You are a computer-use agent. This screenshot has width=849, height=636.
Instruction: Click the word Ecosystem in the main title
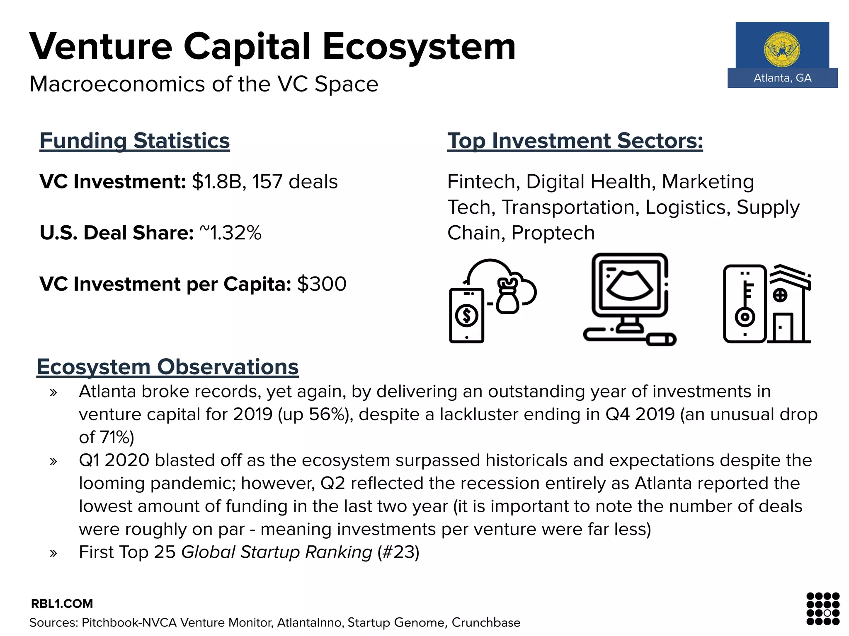(x=419, y=46)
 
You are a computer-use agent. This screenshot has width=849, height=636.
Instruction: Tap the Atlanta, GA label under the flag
(x=782, y=78)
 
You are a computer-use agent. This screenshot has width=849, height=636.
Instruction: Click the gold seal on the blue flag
(x=782, y=50)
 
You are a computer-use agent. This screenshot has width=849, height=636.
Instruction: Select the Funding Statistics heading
(x=135, y=141)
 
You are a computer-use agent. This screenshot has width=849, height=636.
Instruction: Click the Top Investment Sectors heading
(x=575, y=141)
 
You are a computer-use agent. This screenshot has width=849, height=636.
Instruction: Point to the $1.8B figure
(x=216, y=182)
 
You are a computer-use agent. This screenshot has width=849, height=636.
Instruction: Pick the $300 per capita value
(x=322, y=284)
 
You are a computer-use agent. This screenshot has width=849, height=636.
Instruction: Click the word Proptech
(x=553, y=233)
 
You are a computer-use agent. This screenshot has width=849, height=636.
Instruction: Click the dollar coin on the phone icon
(x=467, y=316)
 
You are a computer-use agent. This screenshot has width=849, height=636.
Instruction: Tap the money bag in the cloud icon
(x=507, y=296)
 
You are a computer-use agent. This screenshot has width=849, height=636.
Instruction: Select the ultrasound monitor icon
(x=629, y=298)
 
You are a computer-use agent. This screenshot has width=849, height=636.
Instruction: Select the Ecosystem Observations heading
(x=167, y=367)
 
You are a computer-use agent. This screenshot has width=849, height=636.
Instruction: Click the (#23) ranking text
(x=398, y=552)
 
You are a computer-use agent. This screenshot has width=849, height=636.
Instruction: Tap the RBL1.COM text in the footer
(x=62, y=604)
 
